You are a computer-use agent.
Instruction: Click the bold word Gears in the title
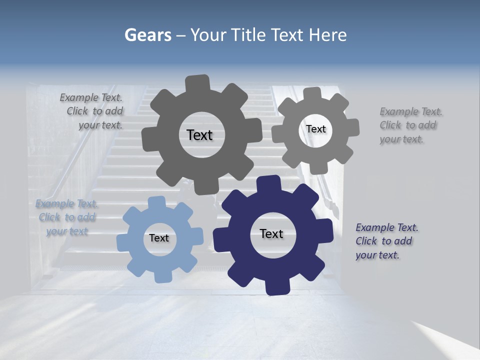click(147, 35)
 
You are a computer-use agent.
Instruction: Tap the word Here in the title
click(328, 35)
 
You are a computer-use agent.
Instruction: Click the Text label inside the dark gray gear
click(199, 135)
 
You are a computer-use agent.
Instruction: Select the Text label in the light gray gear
click(315, 129)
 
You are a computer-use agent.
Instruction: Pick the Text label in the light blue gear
click(159, 238)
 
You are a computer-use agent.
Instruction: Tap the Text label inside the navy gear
click(271, 234)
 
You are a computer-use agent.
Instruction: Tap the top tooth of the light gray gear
click(312, 94)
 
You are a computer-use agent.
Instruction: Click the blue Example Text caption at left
click(66, 217)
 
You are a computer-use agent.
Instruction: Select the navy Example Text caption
click(386, 241)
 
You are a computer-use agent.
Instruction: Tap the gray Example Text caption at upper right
click(410, 125)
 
